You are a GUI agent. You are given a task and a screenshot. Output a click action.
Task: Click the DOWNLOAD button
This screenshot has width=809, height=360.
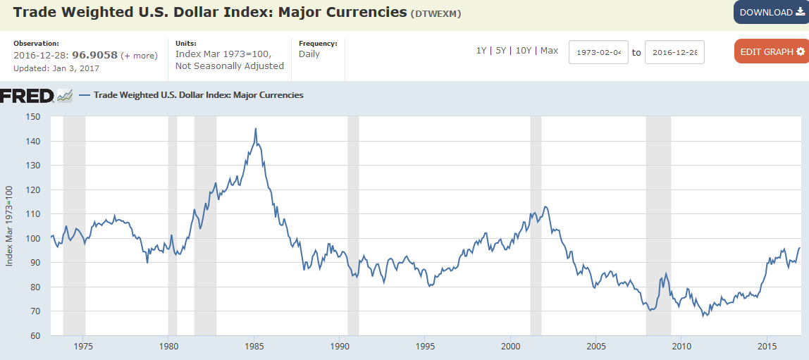[x=771, y=12]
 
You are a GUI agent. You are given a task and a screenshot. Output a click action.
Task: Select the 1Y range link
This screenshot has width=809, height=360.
[x=481, y=51]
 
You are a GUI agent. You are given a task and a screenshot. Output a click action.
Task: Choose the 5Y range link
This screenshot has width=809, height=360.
[x=500, y=51]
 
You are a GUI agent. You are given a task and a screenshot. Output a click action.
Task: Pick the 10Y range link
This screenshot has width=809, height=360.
[x=524, y=51]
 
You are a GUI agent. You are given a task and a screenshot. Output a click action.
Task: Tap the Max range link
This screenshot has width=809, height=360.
[x=549, y=51]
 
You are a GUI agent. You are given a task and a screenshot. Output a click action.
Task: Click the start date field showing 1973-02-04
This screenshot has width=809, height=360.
[x=599, y=52]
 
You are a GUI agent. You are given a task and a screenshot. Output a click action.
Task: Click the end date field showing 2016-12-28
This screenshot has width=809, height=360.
[x=674, y=52]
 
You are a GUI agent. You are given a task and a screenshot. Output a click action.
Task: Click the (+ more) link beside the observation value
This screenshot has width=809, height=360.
[x=139, y=56]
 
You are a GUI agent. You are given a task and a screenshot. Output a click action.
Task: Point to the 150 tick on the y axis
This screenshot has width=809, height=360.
[x=33, y=117]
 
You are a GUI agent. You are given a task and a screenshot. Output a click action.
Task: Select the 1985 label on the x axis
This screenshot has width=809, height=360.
[x=254, y=346]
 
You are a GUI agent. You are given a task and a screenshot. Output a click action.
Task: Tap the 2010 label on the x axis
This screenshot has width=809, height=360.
[x=681, y=346]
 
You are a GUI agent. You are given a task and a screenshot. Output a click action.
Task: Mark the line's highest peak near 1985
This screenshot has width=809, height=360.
[x=255, y=129]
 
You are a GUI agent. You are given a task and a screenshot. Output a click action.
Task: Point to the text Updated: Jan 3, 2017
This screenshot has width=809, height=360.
[x=56, y=68]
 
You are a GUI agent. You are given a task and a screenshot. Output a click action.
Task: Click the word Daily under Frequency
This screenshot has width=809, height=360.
[x=309, y=54]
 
